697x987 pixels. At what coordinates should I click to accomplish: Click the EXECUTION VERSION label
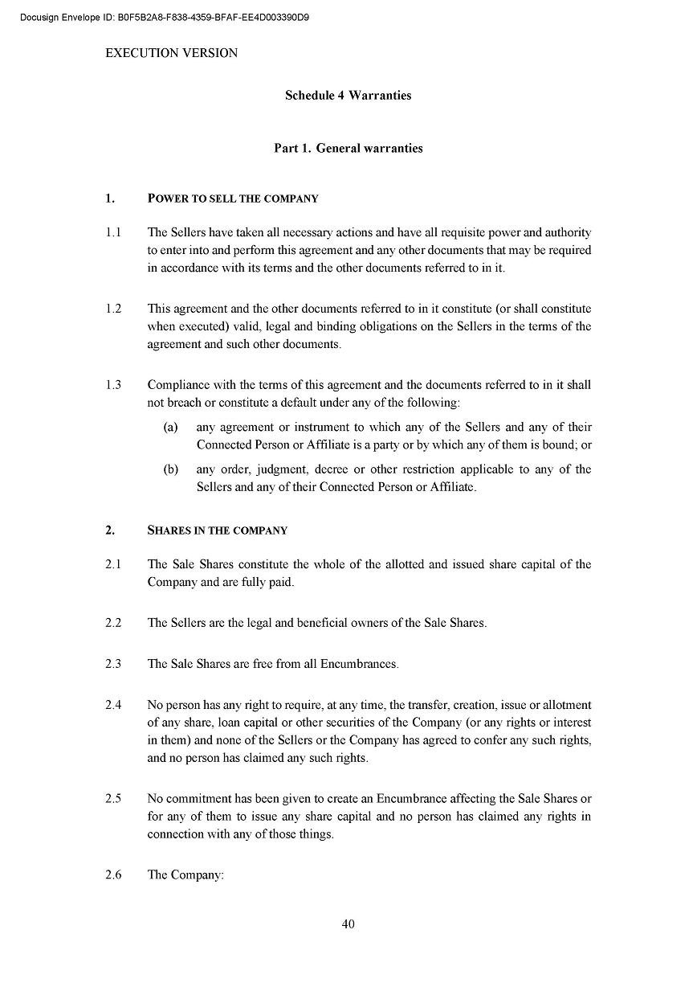point(172,53)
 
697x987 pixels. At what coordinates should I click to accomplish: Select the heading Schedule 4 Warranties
point(348,96)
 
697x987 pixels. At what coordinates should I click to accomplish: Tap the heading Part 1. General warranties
point(348,148)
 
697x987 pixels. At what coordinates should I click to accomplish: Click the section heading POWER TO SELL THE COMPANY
point(233,199)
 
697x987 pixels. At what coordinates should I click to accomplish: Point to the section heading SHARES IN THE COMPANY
point(218,530)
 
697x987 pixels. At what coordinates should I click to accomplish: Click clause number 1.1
point(113,233)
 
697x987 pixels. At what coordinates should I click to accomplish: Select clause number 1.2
point(113,309)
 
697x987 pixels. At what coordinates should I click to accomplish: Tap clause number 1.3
point(113,385)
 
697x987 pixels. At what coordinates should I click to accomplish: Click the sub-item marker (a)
point(170,428)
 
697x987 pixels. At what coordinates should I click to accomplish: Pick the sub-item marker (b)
point(170,469)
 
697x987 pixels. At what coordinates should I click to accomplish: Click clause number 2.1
point(113,564)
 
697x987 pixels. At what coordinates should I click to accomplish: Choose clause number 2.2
point(113,623)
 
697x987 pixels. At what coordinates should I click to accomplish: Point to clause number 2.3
point(113,664)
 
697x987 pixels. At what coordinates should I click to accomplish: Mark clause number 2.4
point(113,706)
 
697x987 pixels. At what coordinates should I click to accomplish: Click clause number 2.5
point(113,799)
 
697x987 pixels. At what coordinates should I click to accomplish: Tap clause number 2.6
point(113,875)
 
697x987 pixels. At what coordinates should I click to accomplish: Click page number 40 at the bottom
point(348,924)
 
